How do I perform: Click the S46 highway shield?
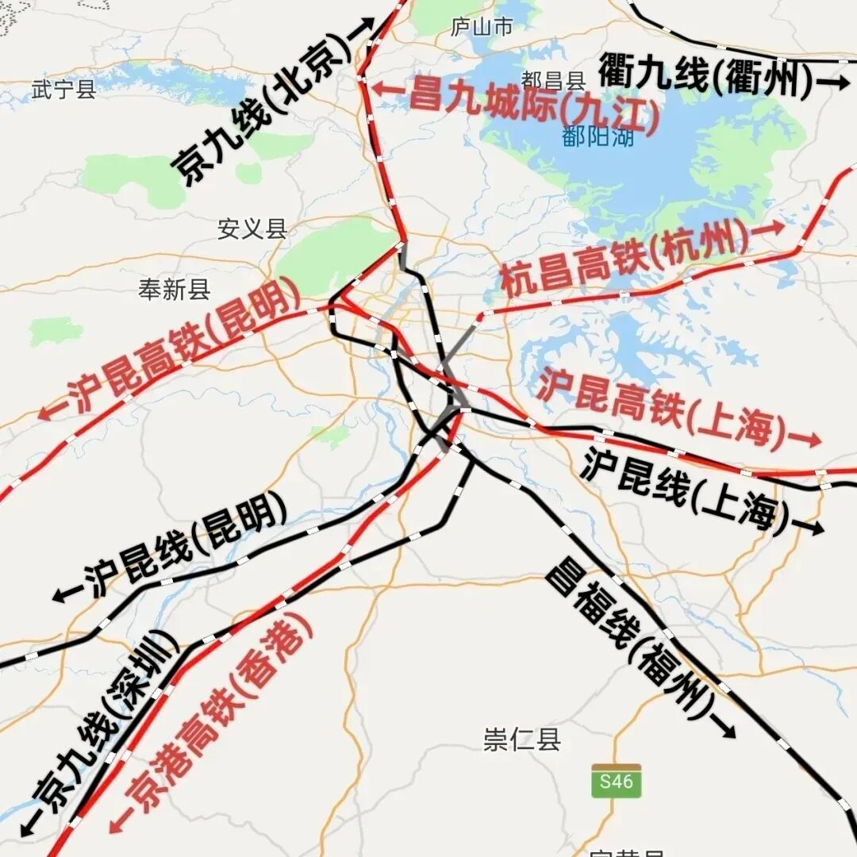617,782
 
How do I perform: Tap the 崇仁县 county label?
522,740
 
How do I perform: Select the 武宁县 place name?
64,89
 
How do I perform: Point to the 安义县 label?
252,229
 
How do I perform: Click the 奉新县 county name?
175,290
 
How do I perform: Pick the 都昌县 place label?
553,80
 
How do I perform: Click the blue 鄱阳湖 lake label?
598,136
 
